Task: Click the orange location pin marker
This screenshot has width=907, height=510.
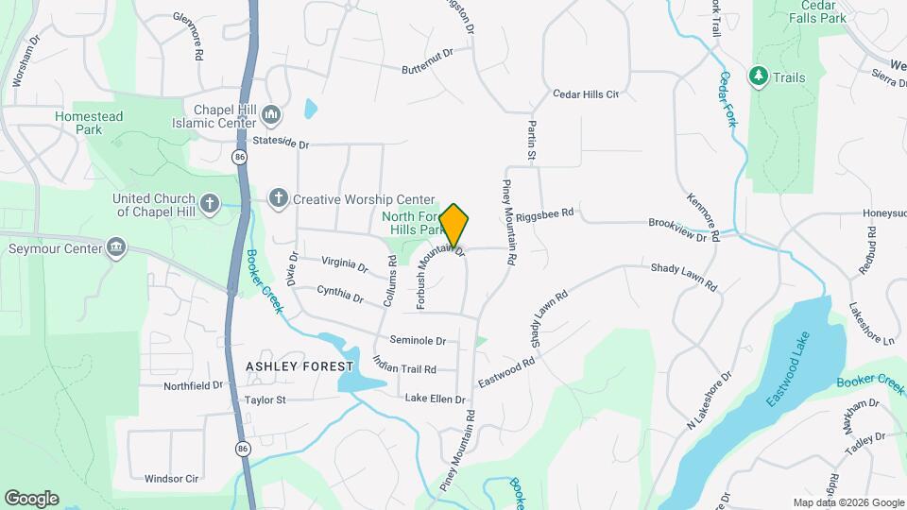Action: pyautogui.click(x=454, y=226)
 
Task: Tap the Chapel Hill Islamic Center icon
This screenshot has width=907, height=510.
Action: pyautogui.click(x=272, y=115)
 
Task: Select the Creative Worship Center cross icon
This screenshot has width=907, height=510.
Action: pyautogui.click(x=278, y=199)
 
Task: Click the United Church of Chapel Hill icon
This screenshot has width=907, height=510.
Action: pyautogui.click(x=210, y=202)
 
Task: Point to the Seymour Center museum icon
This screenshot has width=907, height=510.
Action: pyautogui.click(x=116, y=248)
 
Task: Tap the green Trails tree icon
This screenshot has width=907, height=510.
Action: pyautogui.click(x=758, y=76)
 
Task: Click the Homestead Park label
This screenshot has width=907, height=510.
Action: pyautogui.click(x=89, y=123)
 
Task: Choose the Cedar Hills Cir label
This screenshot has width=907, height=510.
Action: pyautogui.click(x=586, y=94)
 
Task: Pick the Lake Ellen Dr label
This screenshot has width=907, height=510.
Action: pyautogui.click(x=435, y=399)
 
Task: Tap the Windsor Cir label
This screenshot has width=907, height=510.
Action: pyautogui.click(x=171, y=479)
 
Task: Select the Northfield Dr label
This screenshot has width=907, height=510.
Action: pyautogui.click(x=193, y=385)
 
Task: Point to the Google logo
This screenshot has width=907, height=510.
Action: pyautogui.click(x=31, y=499)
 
